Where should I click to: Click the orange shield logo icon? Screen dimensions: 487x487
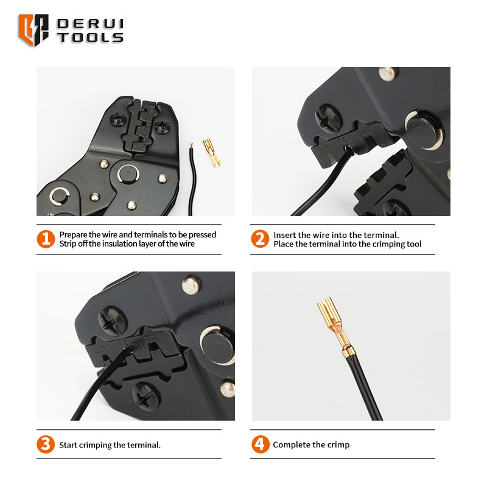click(33, 30)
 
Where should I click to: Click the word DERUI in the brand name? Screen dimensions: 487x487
click(90, 24)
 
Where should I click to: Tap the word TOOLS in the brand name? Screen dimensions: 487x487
click(90, 38)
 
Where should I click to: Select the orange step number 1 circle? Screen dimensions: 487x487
click(46, 239)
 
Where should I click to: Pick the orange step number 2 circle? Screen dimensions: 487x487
click(260, 239)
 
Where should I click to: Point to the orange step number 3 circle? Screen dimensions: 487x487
click(46, 444)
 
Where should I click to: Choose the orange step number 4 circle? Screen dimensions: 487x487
click(261, 444)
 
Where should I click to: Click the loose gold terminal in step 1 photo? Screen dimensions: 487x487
click(212, 153)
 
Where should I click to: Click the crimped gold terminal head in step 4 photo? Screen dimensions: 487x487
click(330, 314)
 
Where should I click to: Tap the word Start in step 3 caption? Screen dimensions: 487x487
click(68, 445)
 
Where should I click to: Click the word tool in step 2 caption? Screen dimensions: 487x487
click(414, 244)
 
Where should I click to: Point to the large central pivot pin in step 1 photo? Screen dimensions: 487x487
click(128, 174)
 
